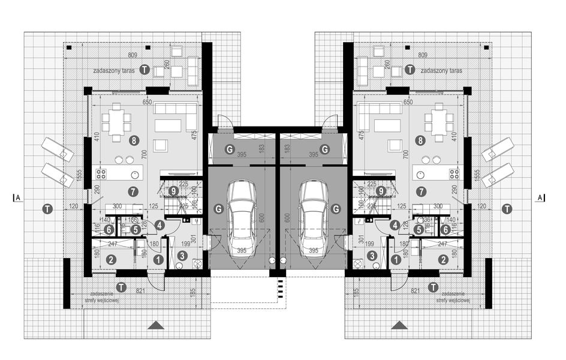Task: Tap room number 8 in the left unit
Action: point(134,140)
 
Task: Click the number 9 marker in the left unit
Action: point(173,191)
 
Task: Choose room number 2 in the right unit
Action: point(442,260)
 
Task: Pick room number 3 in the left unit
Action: point(182,256)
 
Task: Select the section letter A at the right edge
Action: point(540,197)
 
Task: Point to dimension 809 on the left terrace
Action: point(133,55)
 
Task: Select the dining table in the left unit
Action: point(116,122)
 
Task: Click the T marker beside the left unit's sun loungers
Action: point(47,209)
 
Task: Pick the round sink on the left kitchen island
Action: point(136,175)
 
